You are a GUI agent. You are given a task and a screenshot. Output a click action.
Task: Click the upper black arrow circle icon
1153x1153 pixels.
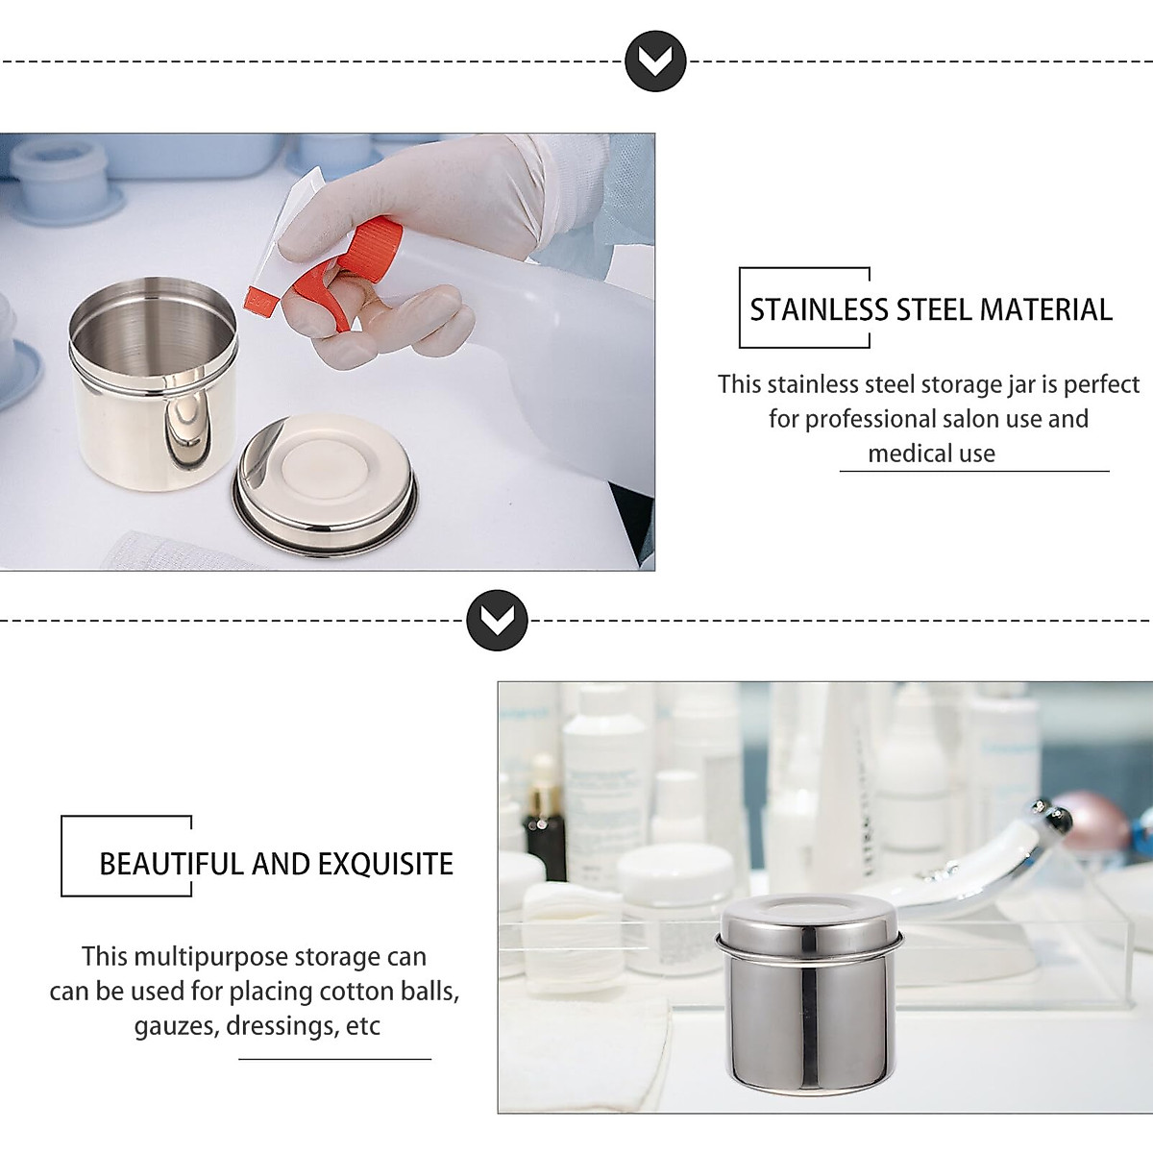655,61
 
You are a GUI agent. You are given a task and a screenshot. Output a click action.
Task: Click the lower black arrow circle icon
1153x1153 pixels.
497,621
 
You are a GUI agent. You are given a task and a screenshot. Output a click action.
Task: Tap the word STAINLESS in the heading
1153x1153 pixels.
820,310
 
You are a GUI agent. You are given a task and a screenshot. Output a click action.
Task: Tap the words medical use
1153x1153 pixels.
931,454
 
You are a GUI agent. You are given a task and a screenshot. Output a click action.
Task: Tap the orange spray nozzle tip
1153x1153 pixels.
261,301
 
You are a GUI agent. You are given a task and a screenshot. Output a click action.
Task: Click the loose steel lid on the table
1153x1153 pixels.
327,496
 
